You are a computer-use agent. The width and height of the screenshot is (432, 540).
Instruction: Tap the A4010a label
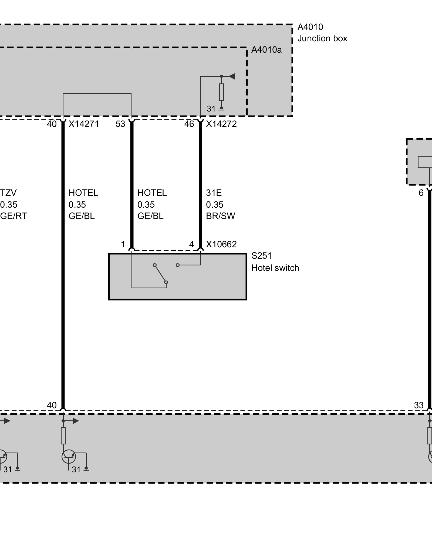(266, 50)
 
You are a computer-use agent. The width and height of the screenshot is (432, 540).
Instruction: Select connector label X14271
(84, 124)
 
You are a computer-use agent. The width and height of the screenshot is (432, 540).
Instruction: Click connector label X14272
(221, 124)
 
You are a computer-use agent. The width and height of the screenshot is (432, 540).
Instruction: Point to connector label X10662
(221, 244)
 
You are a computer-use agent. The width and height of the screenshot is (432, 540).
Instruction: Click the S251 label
(262, 256)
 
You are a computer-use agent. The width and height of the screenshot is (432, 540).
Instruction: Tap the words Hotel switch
(275, 268)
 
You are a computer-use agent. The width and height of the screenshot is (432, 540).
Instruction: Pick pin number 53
(120, 124)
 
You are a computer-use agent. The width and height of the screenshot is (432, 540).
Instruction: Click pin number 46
(189, 124)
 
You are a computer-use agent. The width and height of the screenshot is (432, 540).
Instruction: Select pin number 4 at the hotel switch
(191, 244)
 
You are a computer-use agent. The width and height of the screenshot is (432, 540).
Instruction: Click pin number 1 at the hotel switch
(123, 244)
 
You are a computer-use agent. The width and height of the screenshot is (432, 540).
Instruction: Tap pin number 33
(419, 405)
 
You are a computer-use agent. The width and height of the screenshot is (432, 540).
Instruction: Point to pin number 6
(421, 193)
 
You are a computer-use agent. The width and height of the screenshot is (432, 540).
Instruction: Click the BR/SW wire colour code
(221, 216)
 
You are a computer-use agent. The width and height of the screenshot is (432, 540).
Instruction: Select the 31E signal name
(214, 193)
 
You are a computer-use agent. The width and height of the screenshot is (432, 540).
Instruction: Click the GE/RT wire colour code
(13, 216)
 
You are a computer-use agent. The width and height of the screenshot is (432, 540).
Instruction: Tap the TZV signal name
(8, 193)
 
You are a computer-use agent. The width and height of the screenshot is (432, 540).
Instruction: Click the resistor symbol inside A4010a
(221, 92)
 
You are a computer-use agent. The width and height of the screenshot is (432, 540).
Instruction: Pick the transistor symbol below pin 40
(69, 457)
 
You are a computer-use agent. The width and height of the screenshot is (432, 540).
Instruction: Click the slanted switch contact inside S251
(160, 274)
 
